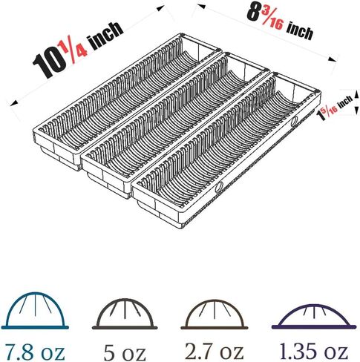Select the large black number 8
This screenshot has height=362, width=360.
click(253, 13)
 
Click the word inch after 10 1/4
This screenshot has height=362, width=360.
click(106, 35)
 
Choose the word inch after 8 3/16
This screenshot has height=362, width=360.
click(300, 31)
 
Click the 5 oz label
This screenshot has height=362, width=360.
click(124, 352)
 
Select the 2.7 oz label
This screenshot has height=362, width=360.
click(215, 351)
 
